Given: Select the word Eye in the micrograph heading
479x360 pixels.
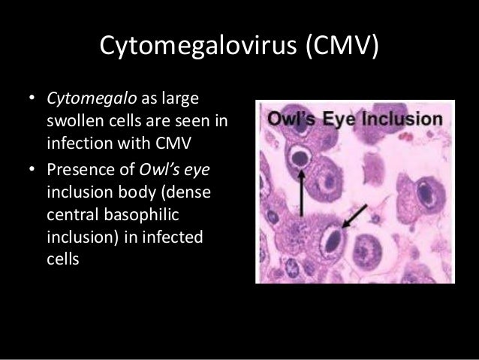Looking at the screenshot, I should pos(342,119).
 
